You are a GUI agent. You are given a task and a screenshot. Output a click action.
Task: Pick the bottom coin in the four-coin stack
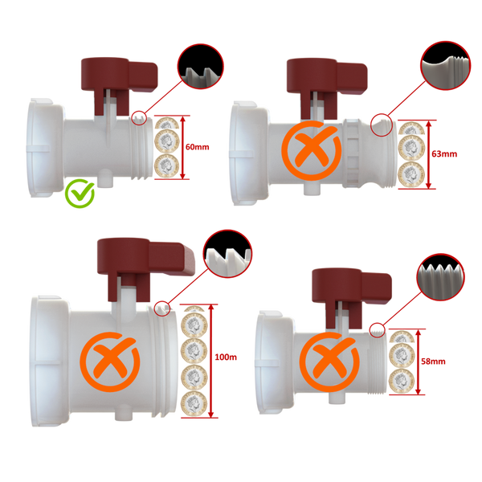pos(194,401)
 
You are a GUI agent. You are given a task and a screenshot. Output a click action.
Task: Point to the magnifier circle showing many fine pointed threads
pos(441,282)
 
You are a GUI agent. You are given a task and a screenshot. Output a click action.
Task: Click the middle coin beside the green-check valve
pos(167,145)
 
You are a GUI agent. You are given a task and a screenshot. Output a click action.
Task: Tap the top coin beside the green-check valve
pos(167,127)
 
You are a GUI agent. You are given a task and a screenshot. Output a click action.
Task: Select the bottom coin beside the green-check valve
pos(167,165)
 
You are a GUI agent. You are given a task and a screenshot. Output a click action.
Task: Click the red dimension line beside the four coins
pos(215,361)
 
